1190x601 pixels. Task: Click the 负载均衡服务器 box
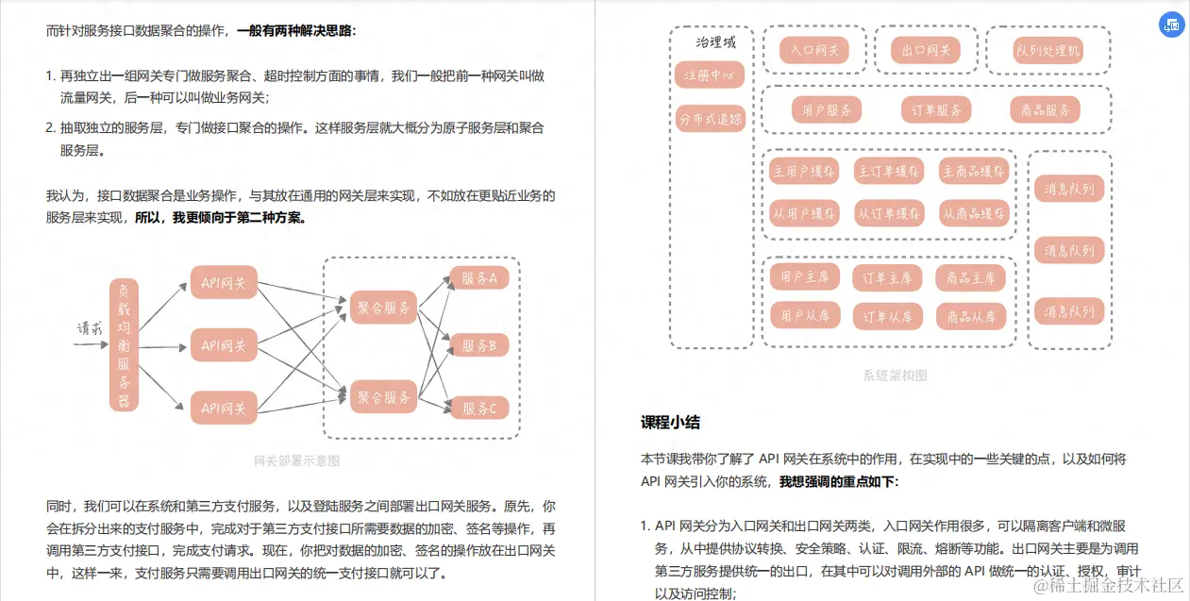pos(124,344)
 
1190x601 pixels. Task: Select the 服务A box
pos(479,278)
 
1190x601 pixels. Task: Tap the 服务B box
pos(479,345)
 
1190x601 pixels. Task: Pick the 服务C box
pos(479,408)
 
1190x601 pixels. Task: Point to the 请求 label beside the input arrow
pos(90,328)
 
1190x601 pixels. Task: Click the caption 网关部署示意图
pos(296,461)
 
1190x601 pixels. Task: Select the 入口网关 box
pos(814,50)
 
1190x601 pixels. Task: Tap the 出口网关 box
pos(926,50)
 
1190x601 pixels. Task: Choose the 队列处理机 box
pos(1048,50)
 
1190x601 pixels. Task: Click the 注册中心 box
pos(710,75)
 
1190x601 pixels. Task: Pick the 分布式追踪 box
pos(710,119)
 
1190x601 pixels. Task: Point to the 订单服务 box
pos(935,110)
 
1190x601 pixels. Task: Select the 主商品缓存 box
pos(974,171)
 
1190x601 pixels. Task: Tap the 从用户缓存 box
pos(805,213)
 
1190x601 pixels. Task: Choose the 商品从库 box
pos(971,316)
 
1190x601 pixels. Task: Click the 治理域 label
pos(715,42)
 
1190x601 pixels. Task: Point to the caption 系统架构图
pos(895,376)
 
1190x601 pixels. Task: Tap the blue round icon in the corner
pos(1171,25)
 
